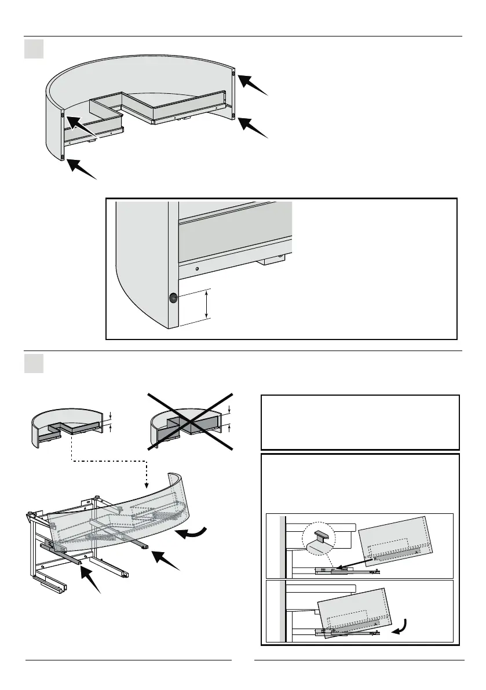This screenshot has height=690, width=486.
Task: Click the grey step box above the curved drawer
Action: click(34, 49)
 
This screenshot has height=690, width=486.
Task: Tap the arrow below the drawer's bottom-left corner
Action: click(81, 169)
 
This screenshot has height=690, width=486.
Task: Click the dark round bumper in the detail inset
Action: click(173, 298)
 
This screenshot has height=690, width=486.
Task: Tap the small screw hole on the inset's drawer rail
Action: click(197, 269)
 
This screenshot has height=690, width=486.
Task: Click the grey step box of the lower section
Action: click(34, 363)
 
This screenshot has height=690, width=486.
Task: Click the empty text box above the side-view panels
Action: click(360, 422)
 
